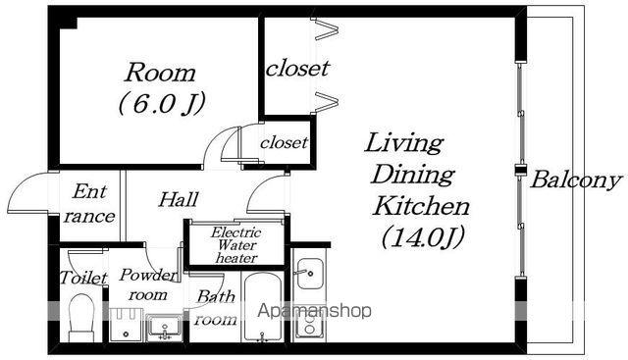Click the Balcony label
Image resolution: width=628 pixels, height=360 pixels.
click(576, 180)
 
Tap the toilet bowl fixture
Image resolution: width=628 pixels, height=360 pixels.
click(81, 318)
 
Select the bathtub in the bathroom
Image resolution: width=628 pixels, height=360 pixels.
click(262, 307)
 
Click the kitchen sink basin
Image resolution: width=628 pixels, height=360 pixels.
click(310, 274)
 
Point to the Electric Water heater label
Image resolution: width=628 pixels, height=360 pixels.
click(236, 244)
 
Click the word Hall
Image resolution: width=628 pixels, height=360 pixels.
click(179, 199)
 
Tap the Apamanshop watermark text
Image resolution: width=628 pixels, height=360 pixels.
click(314, 311)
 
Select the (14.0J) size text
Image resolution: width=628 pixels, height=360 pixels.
click(423, 236)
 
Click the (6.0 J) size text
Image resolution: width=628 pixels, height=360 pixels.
click(162, 104)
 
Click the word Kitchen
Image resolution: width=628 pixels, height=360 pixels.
click(421, 206)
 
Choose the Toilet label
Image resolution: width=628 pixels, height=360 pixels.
click(83, 278)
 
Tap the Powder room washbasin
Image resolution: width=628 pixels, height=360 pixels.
click(164, 328)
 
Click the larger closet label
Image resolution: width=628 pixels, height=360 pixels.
click(298, 68)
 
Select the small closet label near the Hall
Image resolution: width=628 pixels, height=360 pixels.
click(284, 142)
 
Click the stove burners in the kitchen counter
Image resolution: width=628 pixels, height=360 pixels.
click(309, 325)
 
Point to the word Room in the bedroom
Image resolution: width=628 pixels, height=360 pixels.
click(161, 73)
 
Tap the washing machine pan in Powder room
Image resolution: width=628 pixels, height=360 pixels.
click(126, 325)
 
